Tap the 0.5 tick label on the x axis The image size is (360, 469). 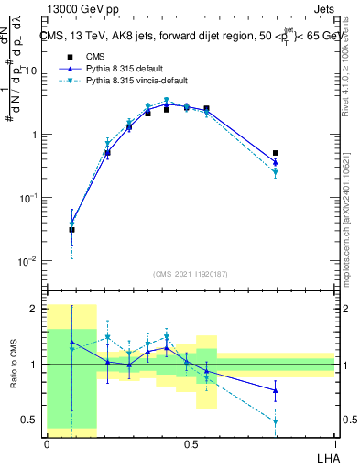[x=191, y=442]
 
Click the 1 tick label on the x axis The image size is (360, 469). [x=334, y=442]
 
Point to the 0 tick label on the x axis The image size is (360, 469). [x=47, y=442]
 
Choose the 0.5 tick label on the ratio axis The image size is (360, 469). [x=28, y=420]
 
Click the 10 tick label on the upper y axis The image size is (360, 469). [x=28, y=71]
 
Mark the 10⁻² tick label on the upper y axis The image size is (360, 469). [x=27, y=261]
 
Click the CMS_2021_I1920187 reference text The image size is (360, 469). [x=191, y=274]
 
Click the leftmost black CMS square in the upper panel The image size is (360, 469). [x=71, y=230]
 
